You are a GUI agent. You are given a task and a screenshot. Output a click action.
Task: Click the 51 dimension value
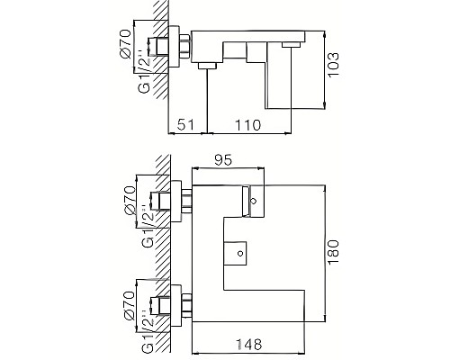[x=185, y=123]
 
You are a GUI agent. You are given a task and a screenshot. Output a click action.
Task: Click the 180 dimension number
[x=335, y=251]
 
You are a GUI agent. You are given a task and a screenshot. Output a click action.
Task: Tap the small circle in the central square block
[x=241, y=255]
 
